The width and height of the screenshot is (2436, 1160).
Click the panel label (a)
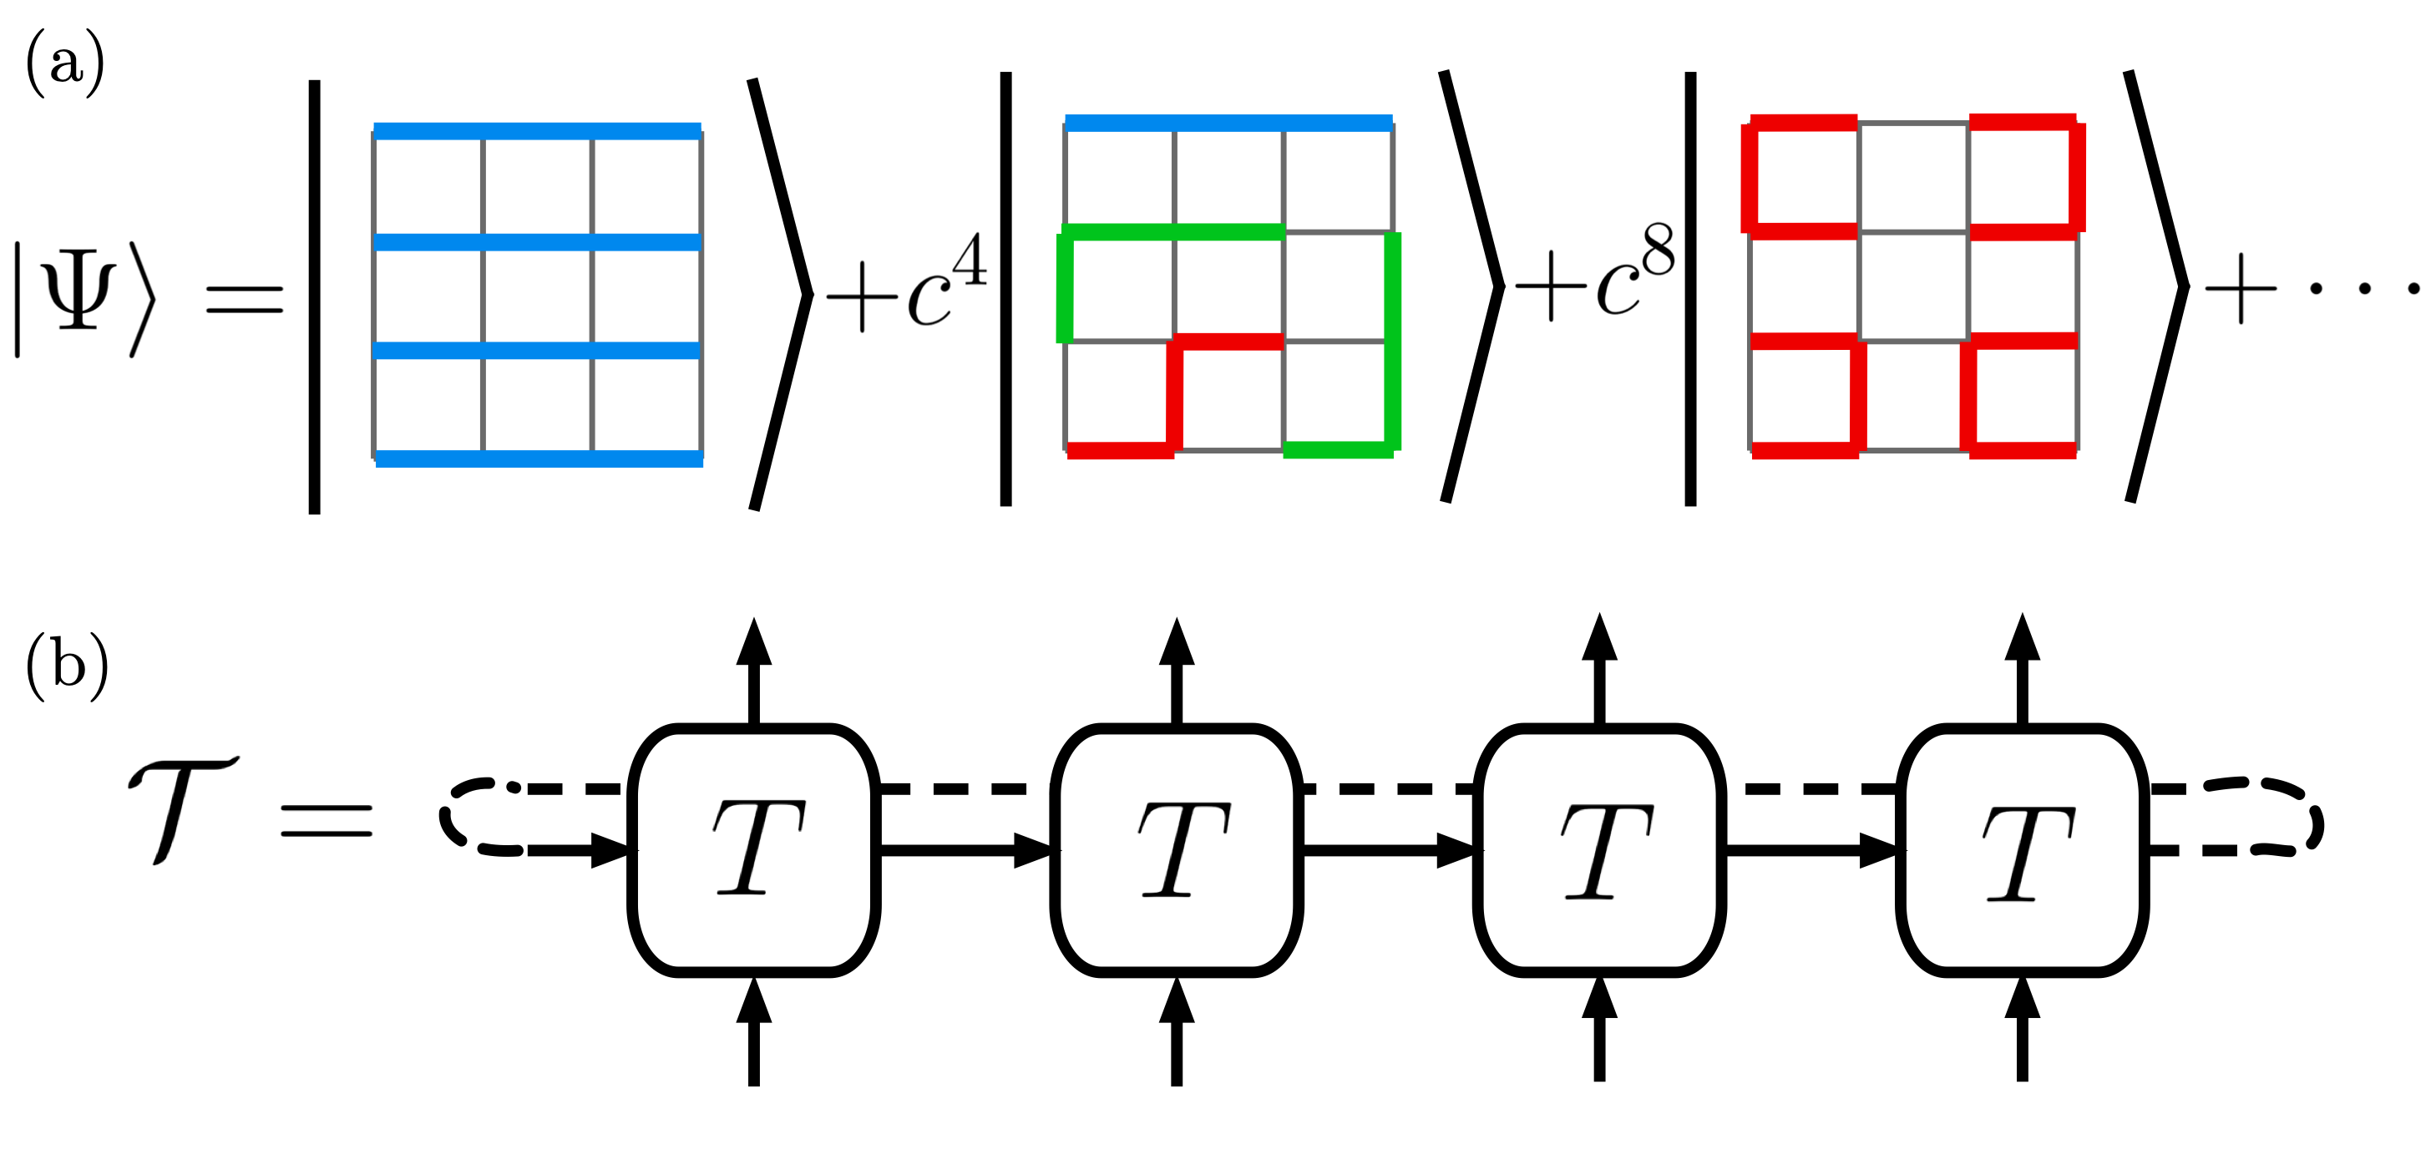pyautogui.click(x=64, y=63)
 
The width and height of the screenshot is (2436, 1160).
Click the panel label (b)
pyautogui.click(x=66, y=666)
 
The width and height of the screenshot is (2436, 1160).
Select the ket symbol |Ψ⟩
pyautogui.click(x=84, y=298)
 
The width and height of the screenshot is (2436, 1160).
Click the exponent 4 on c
pyautogui.click(x=970, y=260)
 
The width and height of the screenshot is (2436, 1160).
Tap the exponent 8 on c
pyautogui.click(x=1659, y=251)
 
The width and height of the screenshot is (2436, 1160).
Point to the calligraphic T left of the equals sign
pyautogui.click(x=183, y=809)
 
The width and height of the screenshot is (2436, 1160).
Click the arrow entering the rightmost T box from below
pyautogui.click(x=2022, y=1029)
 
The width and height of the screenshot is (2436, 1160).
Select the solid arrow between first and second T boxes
pyautogui.click(x=965, y=850)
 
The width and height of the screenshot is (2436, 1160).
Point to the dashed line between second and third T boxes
pyautogui.click(x=1388, y=788)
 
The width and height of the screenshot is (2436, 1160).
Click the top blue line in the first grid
pyautogui.click(x=537, y=130)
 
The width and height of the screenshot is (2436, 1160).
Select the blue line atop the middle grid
pyautogui.click(x=1228, y=123)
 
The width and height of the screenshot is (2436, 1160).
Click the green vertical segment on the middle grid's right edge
pyautogui.click(x=1392, y=341)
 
